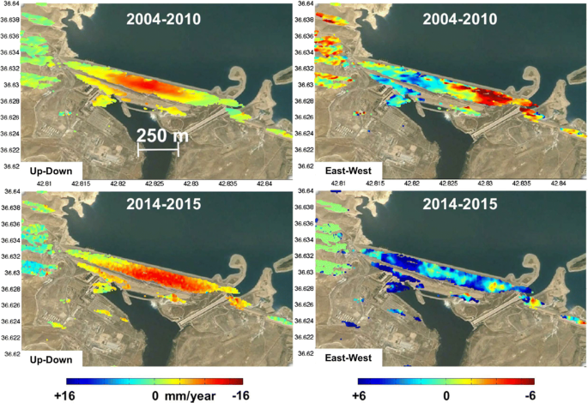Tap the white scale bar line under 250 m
pyautogui.click(x=158, y=153)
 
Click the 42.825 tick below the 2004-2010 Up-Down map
pyautogui.click(x=155, y=183)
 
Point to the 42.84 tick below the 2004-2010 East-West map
pyautogui.click(x=559, y=183)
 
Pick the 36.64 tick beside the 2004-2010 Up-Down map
pyautogui.click(x=10, y=4)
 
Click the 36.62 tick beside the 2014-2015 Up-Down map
pyautogui.click(x=10, y=353)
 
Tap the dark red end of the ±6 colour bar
pyautogui.click(x=530, y=382)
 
